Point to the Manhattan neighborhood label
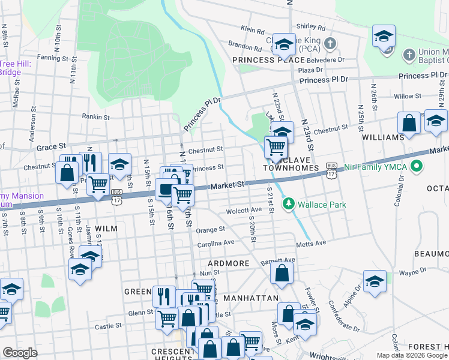pyautogui.click(x=250, y=298)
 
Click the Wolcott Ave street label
pyautogui.click(x=244, y=211)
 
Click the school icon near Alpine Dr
pyautogui.click(x=375, y=280)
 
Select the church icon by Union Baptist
pyautogui.click(x=408, y=55)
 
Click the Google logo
pyautogui.click(x=20, y=353)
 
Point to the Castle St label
pyautogui.click(x=109, y=326)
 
